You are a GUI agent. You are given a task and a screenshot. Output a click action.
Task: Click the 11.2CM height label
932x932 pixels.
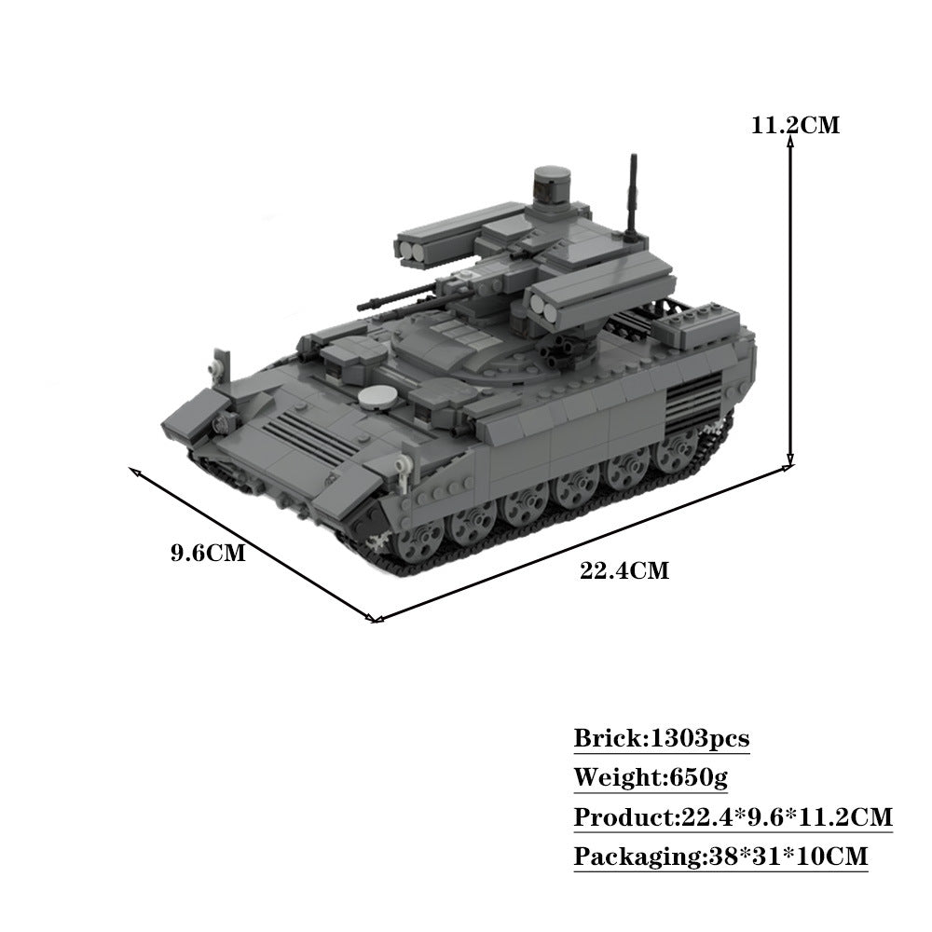tap(795, 124)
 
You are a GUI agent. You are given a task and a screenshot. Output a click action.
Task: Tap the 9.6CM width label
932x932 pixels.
tap(208, 553)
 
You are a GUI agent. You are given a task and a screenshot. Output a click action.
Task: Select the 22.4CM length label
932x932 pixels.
tap(624, 570)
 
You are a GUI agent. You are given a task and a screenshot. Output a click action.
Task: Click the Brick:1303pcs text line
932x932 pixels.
tap(661, 739)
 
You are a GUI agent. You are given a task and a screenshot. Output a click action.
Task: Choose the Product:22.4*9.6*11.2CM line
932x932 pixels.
tap(733, 817)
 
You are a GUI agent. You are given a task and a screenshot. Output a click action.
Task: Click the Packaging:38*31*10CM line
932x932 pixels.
tap(720, 856)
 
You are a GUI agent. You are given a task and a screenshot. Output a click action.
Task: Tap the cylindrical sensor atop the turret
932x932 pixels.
tap(554, 184)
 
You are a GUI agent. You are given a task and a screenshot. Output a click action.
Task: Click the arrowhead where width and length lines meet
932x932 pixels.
tap(374, 618)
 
